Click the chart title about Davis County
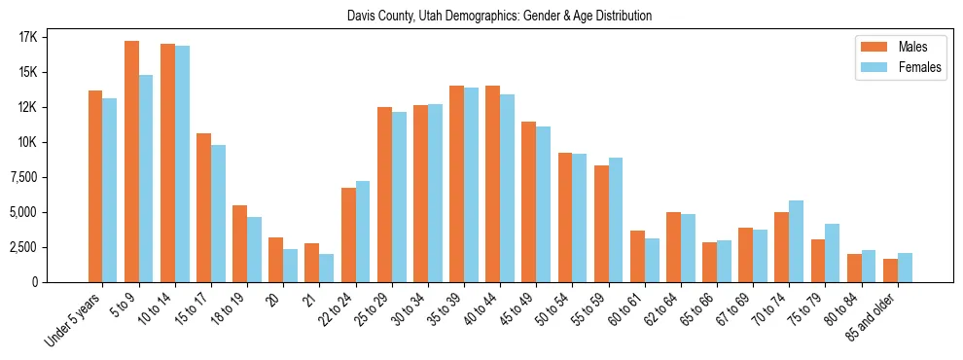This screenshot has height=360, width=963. point(499,16)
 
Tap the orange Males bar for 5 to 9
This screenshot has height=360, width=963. point(131,162)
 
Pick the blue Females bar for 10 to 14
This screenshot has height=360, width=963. point(182,163)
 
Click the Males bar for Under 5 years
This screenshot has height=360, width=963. point(95,186)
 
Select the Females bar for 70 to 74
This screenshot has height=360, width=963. point(796,241)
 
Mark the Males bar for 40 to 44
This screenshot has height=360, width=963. point(492,184)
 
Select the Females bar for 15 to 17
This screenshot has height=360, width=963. point(218,213)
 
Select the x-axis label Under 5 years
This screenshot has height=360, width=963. point(74,320)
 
